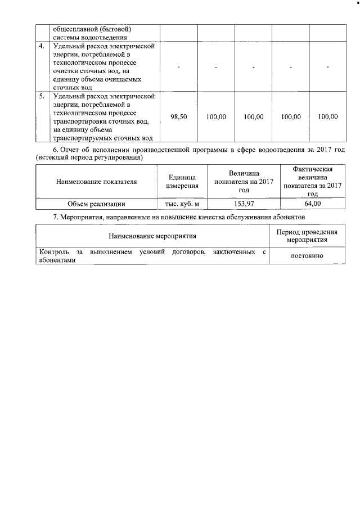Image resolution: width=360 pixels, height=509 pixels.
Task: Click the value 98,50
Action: pyautogui.click(x=178, y=117)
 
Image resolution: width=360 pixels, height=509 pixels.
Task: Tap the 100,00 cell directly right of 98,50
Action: pyautogui.click(x=216, y=117)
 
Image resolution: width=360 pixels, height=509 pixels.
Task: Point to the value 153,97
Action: pyautogui.click(x=244, y=204)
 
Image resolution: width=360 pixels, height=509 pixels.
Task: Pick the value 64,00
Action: pyautogui.click(x=313, y=204)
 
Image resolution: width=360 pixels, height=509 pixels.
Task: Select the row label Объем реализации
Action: pyautogui.click(x=96, y=204)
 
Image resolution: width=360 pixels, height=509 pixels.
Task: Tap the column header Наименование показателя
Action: pyautogui.click(x=96, y=181)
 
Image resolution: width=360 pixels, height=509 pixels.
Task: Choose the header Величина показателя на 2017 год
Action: pyautogui.click(x=244, y=181)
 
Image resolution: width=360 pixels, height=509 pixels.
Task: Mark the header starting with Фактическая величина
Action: pyautogui.click(x=313, y=181)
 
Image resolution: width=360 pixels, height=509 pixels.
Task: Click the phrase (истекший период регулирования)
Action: pyautogui.click(x=88, y=157)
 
